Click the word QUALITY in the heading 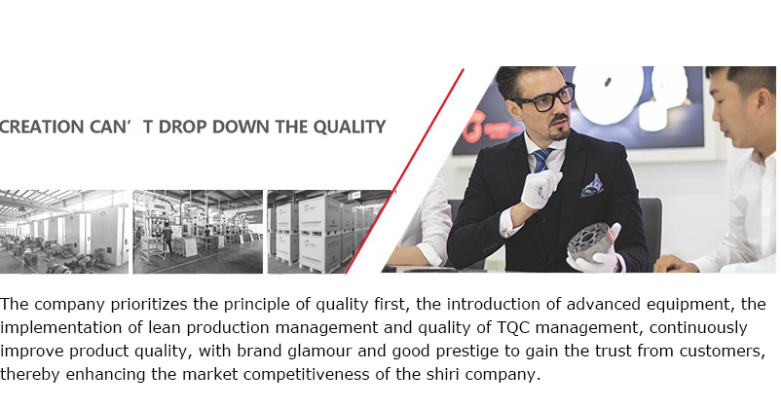(350, 128)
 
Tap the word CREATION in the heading (41, 127)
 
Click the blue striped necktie (540, 160)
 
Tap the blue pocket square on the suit (592, 186)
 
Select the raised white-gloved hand (539, 188)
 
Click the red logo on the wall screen (474, 127)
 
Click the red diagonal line (404, 170)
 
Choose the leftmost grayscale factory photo (64, 232)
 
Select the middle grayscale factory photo (198, 232)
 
